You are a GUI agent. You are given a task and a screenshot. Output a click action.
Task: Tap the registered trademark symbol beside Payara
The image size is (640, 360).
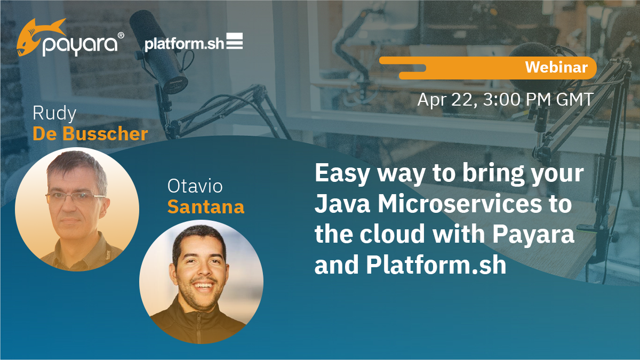121,35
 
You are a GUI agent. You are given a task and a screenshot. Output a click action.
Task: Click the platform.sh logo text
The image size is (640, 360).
185,44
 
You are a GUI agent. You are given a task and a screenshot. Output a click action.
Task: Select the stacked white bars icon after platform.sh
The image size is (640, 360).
235,41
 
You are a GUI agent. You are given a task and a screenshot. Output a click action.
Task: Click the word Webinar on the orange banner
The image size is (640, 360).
556,67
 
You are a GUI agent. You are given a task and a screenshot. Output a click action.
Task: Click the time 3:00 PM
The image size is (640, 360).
517,99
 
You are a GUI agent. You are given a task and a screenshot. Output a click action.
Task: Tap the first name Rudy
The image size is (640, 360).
54,114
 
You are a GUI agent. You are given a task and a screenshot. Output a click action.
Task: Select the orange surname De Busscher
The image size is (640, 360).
90,133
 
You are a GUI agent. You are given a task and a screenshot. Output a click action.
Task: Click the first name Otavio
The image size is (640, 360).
195,186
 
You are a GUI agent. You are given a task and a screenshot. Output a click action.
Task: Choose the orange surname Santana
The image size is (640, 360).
206,206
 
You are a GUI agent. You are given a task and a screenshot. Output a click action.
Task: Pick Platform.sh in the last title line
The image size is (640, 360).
436,265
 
